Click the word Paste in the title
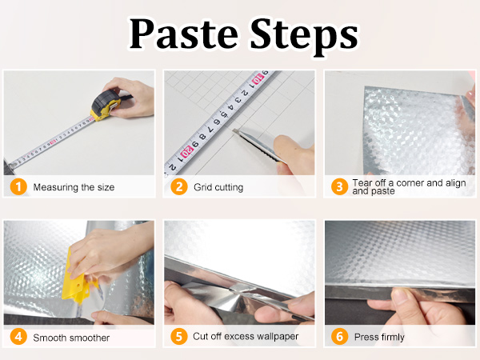(184, 34)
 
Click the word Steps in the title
(304, 36)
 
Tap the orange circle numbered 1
(18, 186)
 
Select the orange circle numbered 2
(179, 186)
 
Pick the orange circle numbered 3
(339, 186)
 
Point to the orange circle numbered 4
(18, 337)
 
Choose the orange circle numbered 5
(179, 337)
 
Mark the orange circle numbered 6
(339, 337)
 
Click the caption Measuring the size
(74, 187)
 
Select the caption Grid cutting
(218, 187)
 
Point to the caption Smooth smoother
(71, 338)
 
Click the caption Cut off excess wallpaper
(246, 336)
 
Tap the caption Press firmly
(379, 337)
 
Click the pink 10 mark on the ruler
(258, 79)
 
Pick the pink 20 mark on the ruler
(186, 151)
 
